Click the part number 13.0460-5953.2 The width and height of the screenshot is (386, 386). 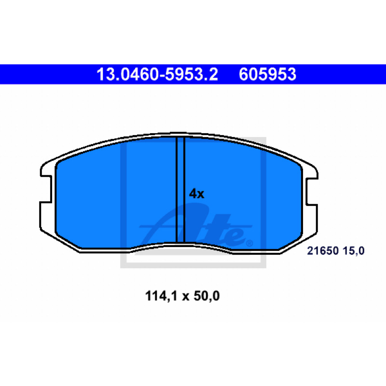[157, 74]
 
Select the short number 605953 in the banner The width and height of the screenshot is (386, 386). [267, 74]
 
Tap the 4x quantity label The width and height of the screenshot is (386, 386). [196, 194]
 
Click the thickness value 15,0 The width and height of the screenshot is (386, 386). [354, 251]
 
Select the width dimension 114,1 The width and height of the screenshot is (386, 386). [161, 296]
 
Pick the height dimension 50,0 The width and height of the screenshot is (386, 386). [207, 296]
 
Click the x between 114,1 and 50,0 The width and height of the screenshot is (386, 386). [186, 297]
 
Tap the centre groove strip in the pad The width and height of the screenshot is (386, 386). [180, 190]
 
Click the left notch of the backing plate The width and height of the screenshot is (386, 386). [46, 189]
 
